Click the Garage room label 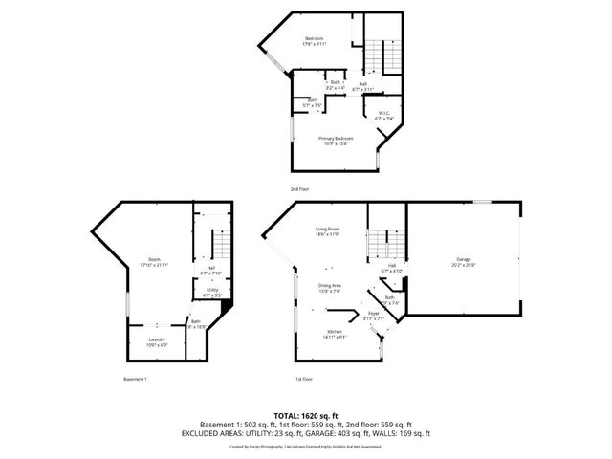tap(464, 260)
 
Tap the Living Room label tap(328, 230)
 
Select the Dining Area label tap(330, 288)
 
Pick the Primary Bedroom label tap(336, 140)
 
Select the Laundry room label tap(156, 341)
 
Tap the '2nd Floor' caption tap(300, 189)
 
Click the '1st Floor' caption tap(304, 379)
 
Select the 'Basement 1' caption tap(136, 379)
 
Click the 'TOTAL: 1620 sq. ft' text tap(305, 415)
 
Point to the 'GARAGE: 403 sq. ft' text tap(344, 432)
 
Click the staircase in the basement tap(221, 245)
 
